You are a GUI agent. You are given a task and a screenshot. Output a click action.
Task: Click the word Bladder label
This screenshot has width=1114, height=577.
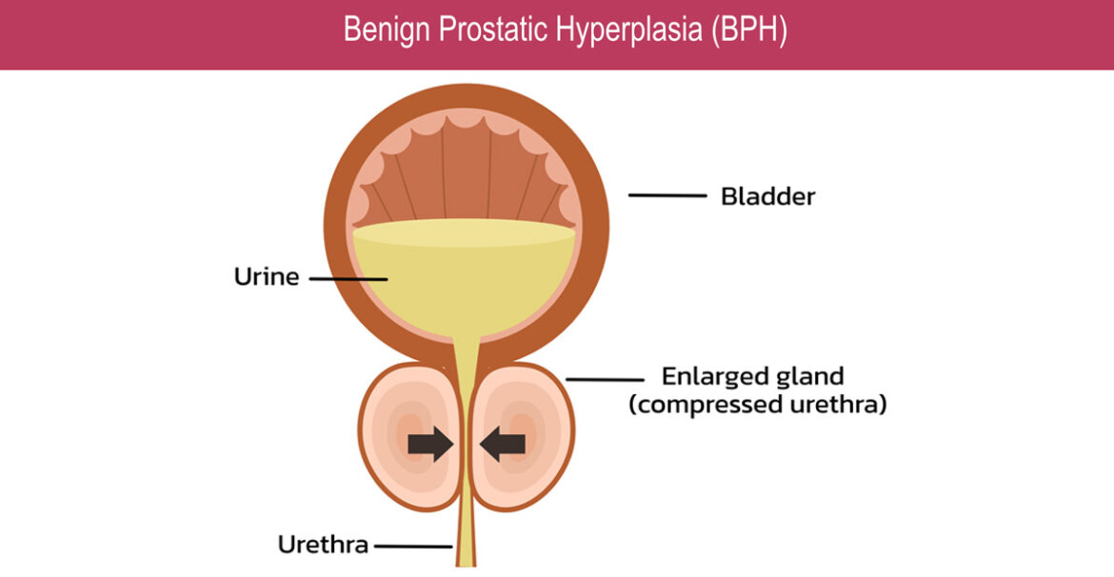(767, 197)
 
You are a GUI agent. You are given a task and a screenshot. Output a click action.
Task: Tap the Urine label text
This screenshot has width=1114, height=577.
(267, 278)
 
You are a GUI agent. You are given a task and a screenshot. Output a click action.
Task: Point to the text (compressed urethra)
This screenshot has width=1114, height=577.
(758, 405)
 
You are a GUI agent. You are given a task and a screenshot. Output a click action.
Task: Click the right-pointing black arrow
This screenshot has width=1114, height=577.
(429, 443)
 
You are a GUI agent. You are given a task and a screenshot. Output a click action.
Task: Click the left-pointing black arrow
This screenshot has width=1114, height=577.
(502, 443)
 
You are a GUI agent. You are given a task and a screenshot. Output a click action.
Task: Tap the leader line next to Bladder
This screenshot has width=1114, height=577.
(666, 196)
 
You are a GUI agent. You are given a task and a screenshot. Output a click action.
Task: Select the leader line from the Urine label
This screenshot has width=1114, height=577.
(348, 279)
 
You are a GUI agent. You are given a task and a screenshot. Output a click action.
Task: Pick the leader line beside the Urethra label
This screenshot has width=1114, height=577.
(412, 547)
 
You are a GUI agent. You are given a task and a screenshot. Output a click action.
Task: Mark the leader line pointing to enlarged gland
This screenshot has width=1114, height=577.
(605, 380)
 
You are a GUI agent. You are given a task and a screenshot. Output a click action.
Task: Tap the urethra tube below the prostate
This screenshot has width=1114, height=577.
(466, 538)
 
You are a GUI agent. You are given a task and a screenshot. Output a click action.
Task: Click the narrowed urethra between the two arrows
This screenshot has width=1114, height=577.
(466, 443)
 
